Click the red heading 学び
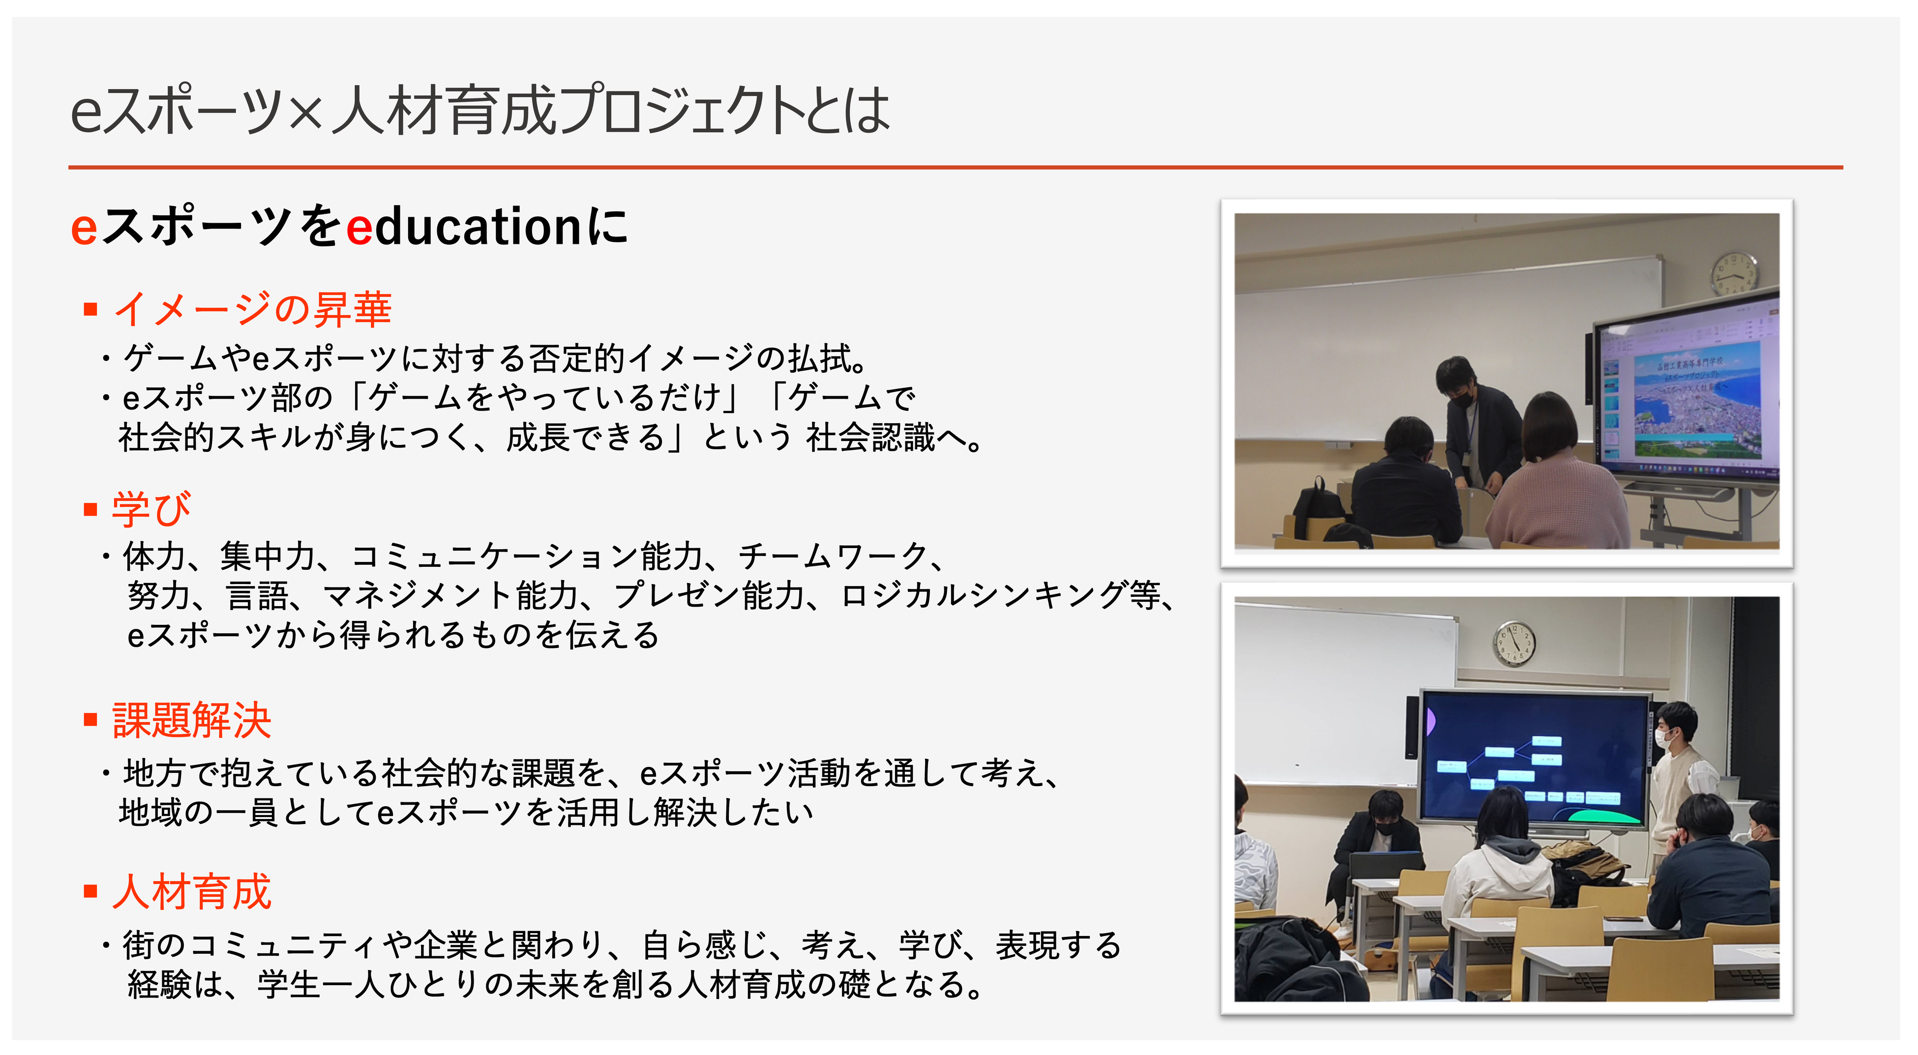tap(151, 509)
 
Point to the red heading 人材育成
tap(191, 891)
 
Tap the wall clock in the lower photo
tap(1514, 643)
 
